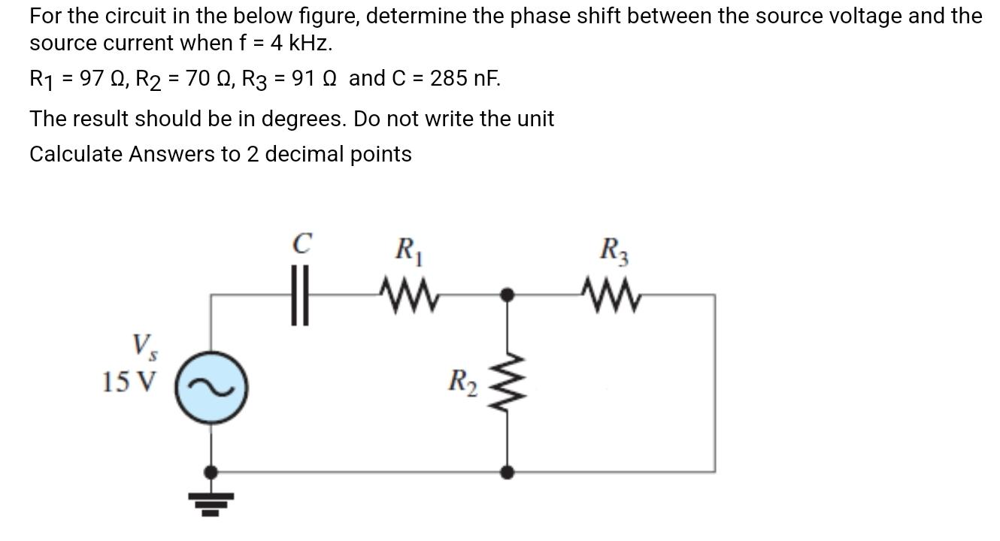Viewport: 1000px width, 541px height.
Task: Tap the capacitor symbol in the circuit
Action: tap(301, 295)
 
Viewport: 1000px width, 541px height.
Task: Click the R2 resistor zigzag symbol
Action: tap(508, 383)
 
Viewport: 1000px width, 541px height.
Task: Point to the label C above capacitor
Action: tap(302, 244)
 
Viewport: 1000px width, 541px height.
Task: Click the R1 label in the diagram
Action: tap(408, 249)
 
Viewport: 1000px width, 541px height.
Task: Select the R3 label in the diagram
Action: tap(614, 249)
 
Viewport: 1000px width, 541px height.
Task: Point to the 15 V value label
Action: tap(129, 382)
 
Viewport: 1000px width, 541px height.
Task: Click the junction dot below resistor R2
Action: tap(508, 472)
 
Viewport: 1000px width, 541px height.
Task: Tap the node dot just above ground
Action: tap(212, 472)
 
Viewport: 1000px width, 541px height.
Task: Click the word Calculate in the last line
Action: tap(75, 154)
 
